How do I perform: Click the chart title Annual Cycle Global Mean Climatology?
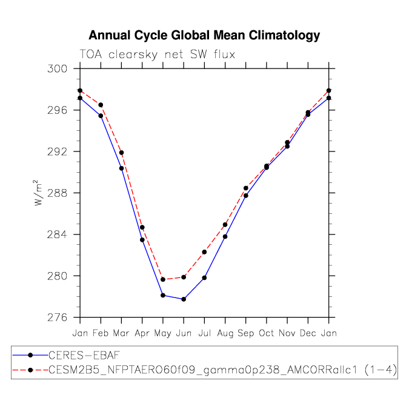(x=204, y=35)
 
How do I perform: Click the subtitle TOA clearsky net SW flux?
(x=158, y=55)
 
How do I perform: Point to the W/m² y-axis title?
(x=38, y=193)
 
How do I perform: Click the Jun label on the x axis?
(x=184, y=333)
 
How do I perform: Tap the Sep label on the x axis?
(x=246, y=333)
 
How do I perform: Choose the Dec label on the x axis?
(x=308, y=333)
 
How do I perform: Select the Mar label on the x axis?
(x=121, y=333)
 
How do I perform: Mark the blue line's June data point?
(x=184, y=299)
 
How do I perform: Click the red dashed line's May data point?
(x=163, y=279)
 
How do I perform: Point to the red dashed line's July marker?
(x=204, y=252)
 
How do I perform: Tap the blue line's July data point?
(x=204, y=278)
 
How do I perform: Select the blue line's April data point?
(x=142, y=240)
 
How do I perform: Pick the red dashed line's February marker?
(x=101, y=105)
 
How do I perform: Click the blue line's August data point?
(x=225, y=236)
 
